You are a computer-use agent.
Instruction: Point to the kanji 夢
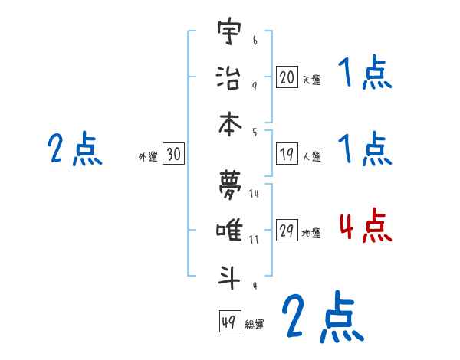(229, 184)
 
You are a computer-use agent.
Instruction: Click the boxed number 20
(286, 77)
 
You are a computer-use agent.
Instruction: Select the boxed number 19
(286, 154)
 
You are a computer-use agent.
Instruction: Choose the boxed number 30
(173, 155)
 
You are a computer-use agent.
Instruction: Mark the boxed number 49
(228, 322)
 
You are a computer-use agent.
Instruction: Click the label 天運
(311, 79)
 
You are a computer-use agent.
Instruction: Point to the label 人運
(311, 156)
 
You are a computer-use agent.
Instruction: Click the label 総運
(255, 324)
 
